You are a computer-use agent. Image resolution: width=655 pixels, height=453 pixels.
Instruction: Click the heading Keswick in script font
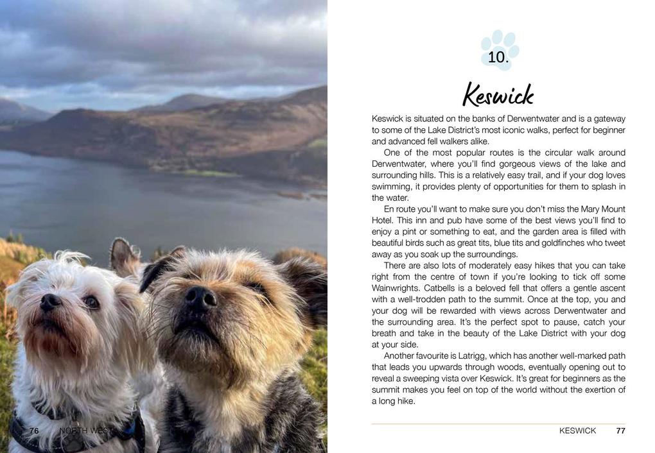(x=498, y=95)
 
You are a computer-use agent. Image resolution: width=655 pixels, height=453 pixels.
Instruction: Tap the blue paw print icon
(x=500, y=49)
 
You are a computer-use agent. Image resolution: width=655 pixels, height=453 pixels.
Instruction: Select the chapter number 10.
(x=498, y=57)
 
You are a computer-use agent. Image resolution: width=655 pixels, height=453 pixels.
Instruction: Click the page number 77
(x=620, y=431)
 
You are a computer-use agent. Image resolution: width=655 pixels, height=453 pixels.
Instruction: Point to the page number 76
(x=34, y=431)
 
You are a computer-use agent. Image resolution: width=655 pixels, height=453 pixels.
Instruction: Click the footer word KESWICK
(x=577, y=431)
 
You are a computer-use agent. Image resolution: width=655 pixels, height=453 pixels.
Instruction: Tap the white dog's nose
(x=50, y=302)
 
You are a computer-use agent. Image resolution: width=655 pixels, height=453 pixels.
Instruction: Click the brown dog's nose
(x=201, y=298)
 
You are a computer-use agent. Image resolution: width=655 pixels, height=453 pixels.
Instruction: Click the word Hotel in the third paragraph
(x=383, y=221)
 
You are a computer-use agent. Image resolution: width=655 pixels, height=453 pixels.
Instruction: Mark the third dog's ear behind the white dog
(x=124, y=255)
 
